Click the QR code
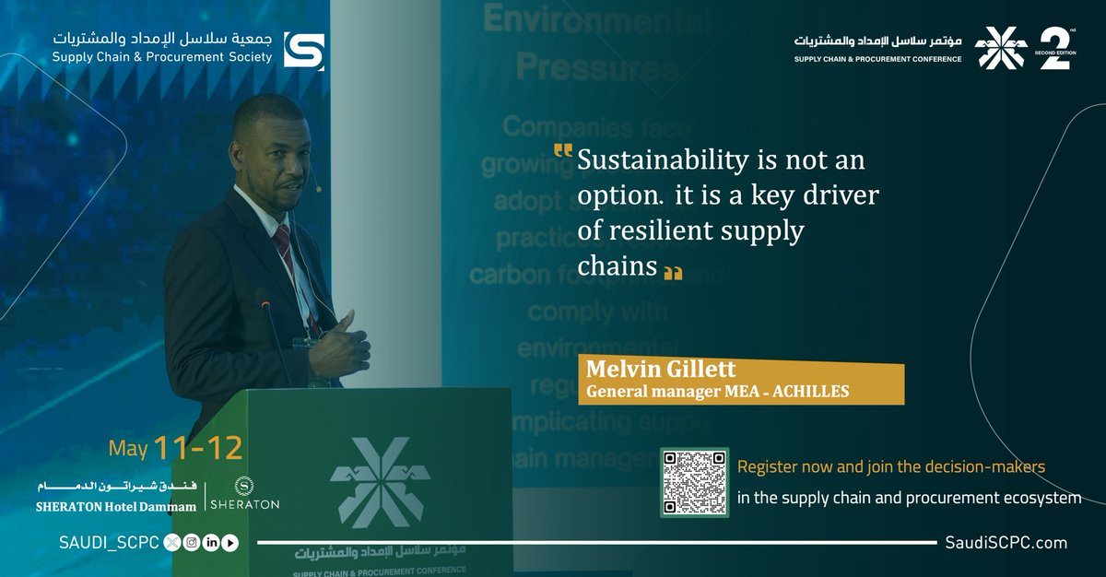pos(694,482)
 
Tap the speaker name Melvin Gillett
pos(661,371)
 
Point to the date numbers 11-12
pos(198,448)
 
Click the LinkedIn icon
pos(211,543)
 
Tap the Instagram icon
pos(192,543)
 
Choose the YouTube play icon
pos(230,543)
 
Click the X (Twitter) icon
pos(172,543)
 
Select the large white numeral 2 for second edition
pos(1053,49)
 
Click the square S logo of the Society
pos(303,50)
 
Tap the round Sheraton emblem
pos(243,485)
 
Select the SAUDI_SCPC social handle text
pos(103,543)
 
